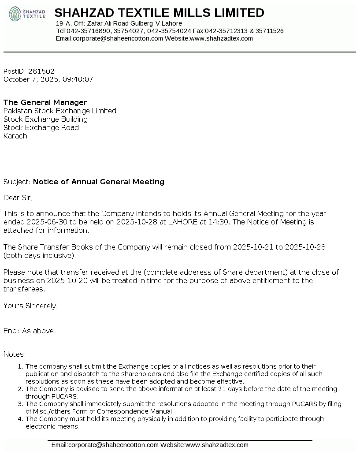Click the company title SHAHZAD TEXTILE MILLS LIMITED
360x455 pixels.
(x=159, y=13)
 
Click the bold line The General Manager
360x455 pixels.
(x=45, y=103)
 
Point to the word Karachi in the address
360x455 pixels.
(x=16, y=136)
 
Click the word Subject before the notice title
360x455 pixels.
(x=17, y=182)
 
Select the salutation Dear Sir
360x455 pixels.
(x=18, y=198)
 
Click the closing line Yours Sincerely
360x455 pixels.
(x=30, y=306)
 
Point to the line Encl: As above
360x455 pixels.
(x=30, y=331)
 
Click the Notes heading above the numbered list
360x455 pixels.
(x=15, y=354)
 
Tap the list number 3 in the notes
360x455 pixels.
(x=20, y=404)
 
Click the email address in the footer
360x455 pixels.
(x=105, y=445)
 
